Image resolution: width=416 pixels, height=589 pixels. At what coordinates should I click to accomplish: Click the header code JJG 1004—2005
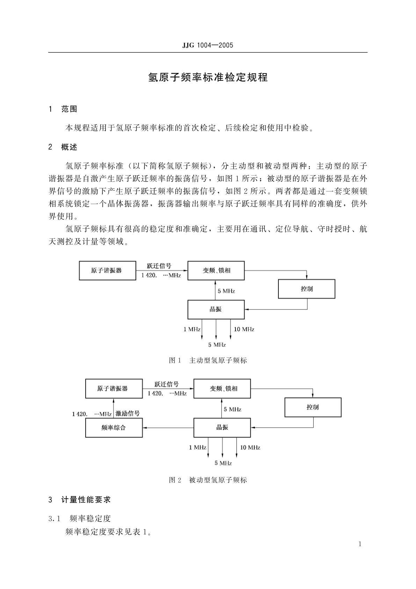[x=207, y=45]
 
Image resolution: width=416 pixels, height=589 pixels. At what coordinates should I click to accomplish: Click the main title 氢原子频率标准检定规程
[x=208, y=77]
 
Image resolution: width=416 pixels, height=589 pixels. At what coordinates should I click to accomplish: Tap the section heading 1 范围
[x=63, y=109]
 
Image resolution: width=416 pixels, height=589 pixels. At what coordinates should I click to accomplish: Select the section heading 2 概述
[x=63, y=147]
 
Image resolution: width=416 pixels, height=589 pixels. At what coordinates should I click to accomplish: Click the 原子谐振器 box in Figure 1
[x=107, y=271]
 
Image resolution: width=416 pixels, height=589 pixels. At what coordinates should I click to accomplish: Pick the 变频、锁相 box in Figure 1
[x=216, y=271]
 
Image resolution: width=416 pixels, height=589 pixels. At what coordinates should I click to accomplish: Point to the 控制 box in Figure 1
[x=306, y=289]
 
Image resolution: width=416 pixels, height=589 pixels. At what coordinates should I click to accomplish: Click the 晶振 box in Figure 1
[x=216, y=310]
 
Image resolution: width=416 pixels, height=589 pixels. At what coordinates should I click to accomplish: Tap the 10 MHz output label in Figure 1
[x=244, y=329]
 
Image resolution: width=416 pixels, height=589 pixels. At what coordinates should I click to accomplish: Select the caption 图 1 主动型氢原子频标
[x=208, y=360]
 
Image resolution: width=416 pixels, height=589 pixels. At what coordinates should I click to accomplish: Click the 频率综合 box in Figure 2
[x=114, y=427]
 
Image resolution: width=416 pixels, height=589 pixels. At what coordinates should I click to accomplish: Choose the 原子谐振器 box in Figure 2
[x=114, y=389]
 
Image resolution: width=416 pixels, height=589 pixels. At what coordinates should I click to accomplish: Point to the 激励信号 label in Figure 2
[x=128, y=414]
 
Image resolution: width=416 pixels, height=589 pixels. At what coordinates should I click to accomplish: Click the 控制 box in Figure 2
[x=313, y=407]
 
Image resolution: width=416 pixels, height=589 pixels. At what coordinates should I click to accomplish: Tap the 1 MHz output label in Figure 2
[x=198, y=447]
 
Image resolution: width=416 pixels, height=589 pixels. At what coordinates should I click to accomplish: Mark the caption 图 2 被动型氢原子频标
[x=208, y=480]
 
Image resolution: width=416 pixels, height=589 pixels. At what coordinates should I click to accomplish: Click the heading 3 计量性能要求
[x=80, y=500]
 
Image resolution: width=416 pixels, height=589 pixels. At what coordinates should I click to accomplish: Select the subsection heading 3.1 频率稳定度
[x=80, y=518]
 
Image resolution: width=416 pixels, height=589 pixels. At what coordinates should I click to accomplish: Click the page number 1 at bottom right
[x=360, y=544]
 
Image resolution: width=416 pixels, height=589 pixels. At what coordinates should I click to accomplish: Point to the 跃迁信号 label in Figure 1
[x=159, y=266]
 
